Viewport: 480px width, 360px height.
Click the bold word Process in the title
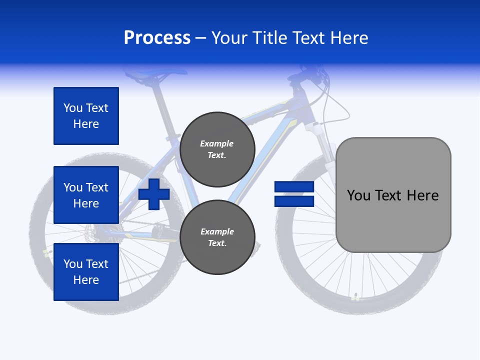tap(157, 38)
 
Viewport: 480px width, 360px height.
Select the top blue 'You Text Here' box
tap(86, 116)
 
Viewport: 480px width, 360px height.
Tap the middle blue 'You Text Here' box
tap(86, 195)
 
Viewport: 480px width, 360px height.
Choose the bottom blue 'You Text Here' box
tap(86, 271)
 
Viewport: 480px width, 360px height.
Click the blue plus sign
tap(154, 194)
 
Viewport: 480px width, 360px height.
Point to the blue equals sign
tap(294, 194)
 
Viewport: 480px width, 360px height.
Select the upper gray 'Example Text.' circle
tap(217, 149)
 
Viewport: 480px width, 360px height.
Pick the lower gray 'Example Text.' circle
tap(217, 237)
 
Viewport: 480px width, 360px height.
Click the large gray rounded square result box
tap(393, 194)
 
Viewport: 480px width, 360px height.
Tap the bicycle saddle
tap(155, 75)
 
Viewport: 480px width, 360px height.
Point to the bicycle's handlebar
tap(310, 75)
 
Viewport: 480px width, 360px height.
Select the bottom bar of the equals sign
tap(294, 201)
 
